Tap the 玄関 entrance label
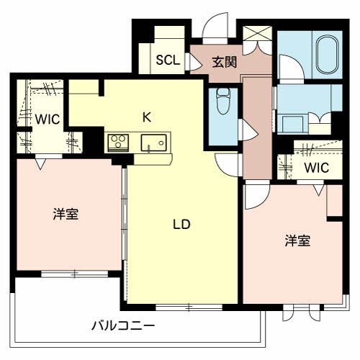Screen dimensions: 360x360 [x=224, y=62]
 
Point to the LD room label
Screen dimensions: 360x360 [x=181, y=224]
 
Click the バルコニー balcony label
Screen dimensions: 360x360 [x=122, y=325]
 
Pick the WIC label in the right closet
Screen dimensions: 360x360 [x=315, y=168]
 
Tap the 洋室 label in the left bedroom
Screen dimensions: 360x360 [x=66, y=214]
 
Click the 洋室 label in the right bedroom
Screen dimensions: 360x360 [x=297, y=240]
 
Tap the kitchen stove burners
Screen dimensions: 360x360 [x=117, y=142]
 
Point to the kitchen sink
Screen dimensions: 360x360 [x=153, y=142]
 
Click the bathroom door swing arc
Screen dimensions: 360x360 [x=289, y=69]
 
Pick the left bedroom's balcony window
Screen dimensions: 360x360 [x=73, y=274]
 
